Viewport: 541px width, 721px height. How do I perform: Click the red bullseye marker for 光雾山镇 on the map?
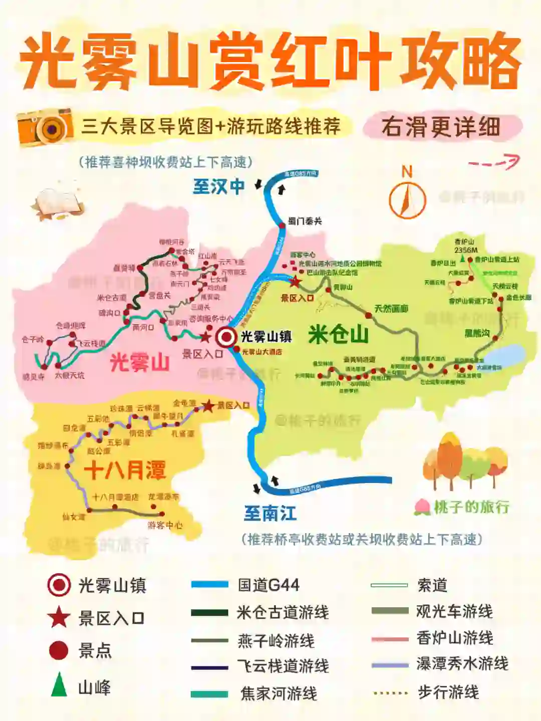pos(226,337)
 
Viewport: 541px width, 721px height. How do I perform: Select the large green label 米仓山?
pos(339,334)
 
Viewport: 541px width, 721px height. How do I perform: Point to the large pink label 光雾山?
pos(139,361)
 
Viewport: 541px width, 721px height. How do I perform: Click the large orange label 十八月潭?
pos(125,470)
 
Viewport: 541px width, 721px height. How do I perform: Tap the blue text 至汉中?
pos(219,186)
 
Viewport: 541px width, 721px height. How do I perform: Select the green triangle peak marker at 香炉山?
pos(463,259)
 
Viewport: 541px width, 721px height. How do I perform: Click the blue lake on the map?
pos(505,355)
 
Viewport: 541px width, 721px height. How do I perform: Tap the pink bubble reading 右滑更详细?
pos(441,127)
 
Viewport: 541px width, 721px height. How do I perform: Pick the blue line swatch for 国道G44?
pos(209,584)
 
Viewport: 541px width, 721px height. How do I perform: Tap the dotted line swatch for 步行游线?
pos(391,693)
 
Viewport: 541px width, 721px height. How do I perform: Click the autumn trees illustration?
pos(463,461)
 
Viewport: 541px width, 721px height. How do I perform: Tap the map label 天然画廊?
pos(391,309)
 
